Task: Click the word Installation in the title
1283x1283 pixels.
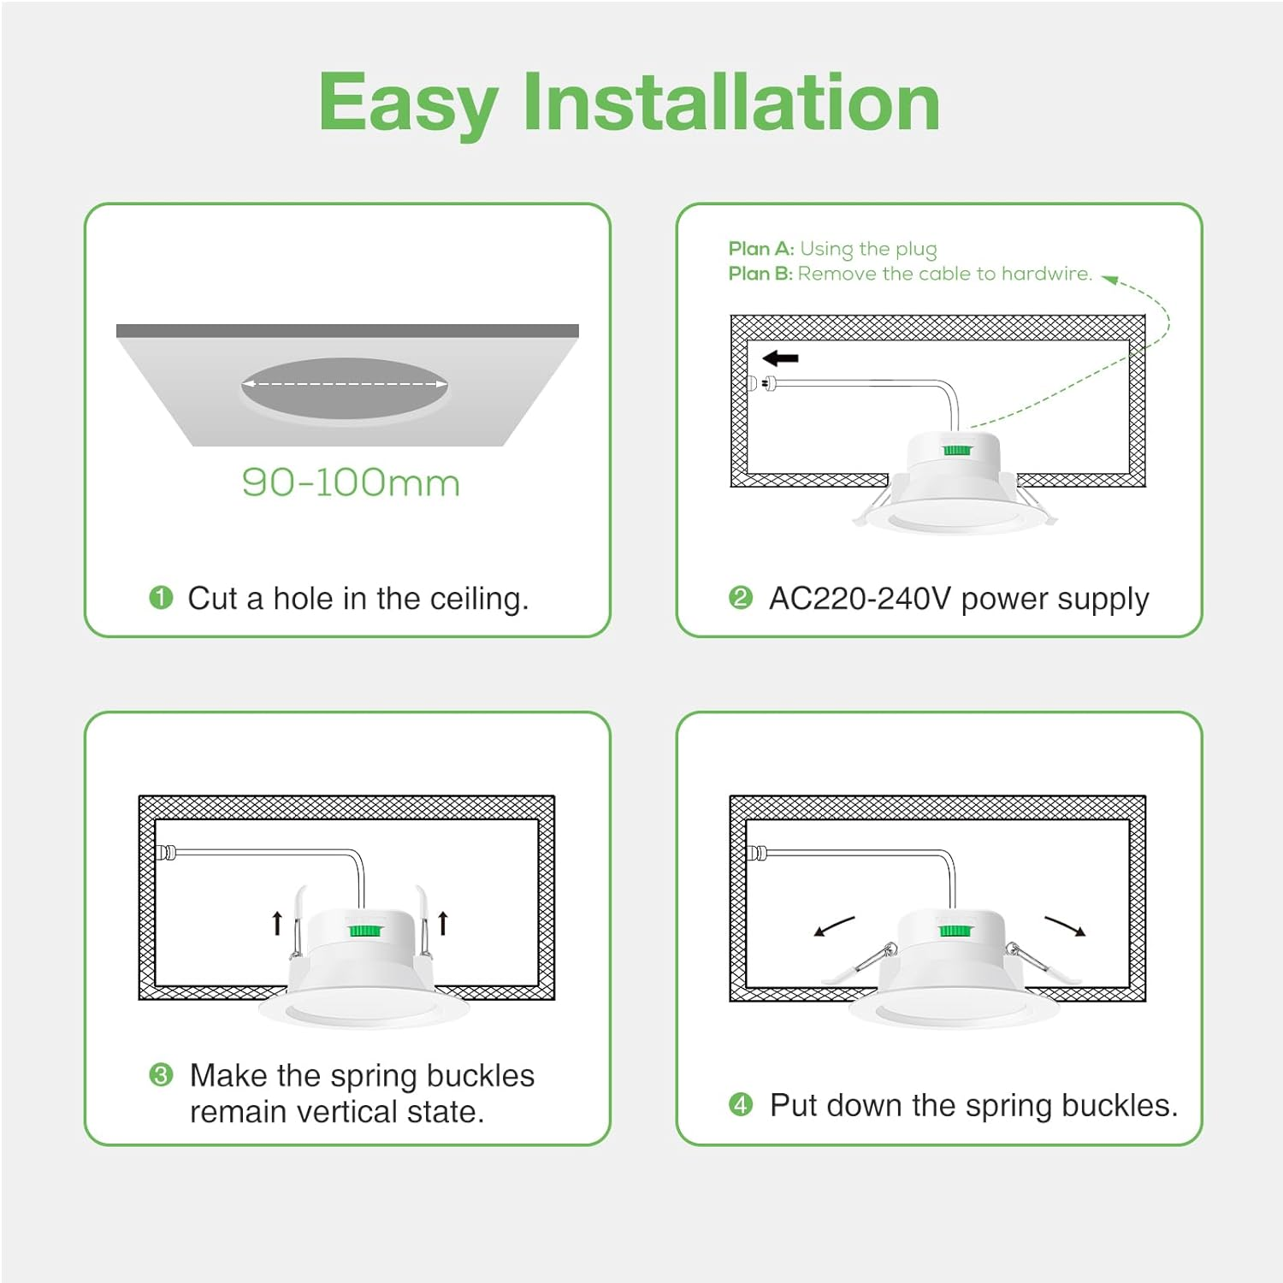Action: click(731, 103)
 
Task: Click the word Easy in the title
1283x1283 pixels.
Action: click(408, 104)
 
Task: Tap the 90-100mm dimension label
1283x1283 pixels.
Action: click(351, 483)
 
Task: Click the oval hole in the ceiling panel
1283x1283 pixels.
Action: click(344, 390)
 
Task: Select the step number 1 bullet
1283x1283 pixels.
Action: click(161, 597)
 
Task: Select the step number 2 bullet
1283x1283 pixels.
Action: click(741, 597)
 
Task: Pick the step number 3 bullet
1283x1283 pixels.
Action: click(161, 1074)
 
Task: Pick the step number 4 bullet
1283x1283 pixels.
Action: click(741, 1104)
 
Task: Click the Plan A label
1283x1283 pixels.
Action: click(760, 249)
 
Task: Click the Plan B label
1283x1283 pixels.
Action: click(760, 274)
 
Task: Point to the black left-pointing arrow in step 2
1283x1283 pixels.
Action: click(780, 358)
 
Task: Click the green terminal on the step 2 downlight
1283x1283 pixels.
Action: click(956, 450)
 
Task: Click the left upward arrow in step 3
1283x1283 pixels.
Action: click(277, 923)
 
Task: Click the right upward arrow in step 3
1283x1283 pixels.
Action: click(443, 923)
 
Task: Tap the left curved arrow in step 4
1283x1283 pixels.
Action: click(834, 926)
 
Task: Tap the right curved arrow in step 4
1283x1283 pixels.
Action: click(1065, 925)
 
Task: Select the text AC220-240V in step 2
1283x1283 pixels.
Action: click(859, 599)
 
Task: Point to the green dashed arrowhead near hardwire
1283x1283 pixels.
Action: click(1109, 279)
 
